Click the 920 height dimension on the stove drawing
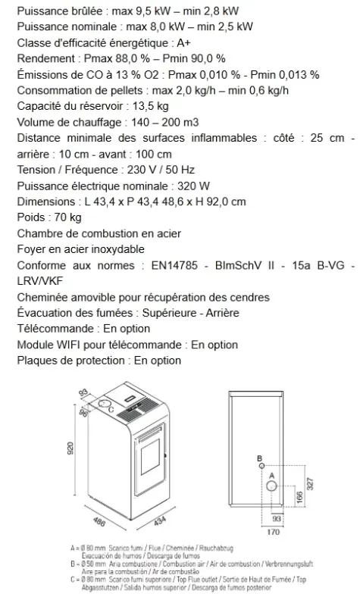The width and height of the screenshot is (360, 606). pyautogui.click(x=70, y=451)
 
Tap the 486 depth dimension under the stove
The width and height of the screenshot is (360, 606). pyautogui.click(x=97, y=522)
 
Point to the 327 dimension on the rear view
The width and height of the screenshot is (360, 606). pyautogui.click(x=308, y=484)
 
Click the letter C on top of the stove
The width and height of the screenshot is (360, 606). pyautogui.click(x=112, y=410)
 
